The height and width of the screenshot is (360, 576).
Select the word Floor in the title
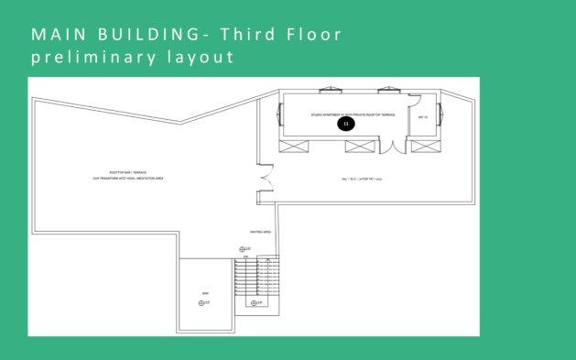click(x=314, y=36)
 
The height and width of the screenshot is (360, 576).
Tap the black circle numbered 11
click(x=345, y=123)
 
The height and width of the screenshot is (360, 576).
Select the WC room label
click(x=423, y=118)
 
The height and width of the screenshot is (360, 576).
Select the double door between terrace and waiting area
click(x=266, y=178)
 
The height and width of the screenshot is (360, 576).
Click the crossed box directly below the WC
click(x=423, y=146)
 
